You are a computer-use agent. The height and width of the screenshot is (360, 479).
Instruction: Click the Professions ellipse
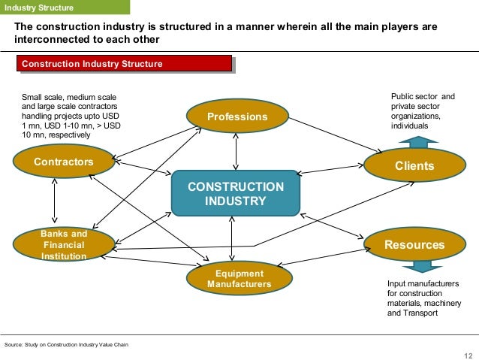click(x=236, y=117)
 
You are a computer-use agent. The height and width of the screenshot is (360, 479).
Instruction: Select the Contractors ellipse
click(x=63, y=162)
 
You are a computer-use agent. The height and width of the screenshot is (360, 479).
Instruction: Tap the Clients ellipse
click(x=414, y=165)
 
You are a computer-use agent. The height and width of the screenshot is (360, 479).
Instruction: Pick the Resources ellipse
click(x=414, y=245)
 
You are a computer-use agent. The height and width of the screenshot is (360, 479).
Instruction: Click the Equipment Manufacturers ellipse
click(x=239, y=279)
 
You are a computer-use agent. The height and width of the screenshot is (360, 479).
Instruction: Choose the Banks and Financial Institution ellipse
click(x=63, y=245)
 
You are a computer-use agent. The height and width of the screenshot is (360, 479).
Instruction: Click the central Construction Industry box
click(x=236, y=194)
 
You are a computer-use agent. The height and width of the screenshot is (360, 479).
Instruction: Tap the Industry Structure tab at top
click(x=39, y=8)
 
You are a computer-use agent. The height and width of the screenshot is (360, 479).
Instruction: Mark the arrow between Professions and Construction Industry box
click(x=236, y=151)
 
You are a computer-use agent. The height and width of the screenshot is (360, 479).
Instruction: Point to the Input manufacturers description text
click(x=423, y=298)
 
